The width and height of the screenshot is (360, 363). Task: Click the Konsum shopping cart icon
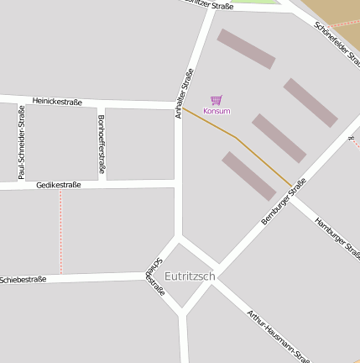pyautogui.click(x=217, y=100)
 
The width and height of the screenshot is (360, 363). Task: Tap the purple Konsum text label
pyautogui.click(x=217, y=111)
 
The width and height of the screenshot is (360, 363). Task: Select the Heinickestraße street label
pyautogui.click(x=57, y=102)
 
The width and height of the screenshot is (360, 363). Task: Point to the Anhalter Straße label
pyautogui.click(x=184, y=92)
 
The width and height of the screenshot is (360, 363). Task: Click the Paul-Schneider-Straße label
pyautogui.click(x=21, y=141)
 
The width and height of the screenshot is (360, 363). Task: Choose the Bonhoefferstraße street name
pyautogui.click(x=101, y=145)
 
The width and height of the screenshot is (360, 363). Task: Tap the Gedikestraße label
pyautogui.click(x=59, y=185)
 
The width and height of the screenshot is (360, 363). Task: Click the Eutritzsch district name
pyautogui.click(x=190, y=276)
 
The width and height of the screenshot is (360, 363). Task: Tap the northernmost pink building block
pyautogui.click(x=246, y=49)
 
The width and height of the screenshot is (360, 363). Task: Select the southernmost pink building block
pyautogui.click(x=248, y=176)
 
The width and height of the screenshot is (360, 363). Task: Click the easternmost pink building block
pyautogui.click(x=310, y=102)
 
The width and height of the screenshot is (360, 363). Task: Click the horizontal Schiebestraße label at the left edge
pyautogui.click(x=23, y=279)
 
